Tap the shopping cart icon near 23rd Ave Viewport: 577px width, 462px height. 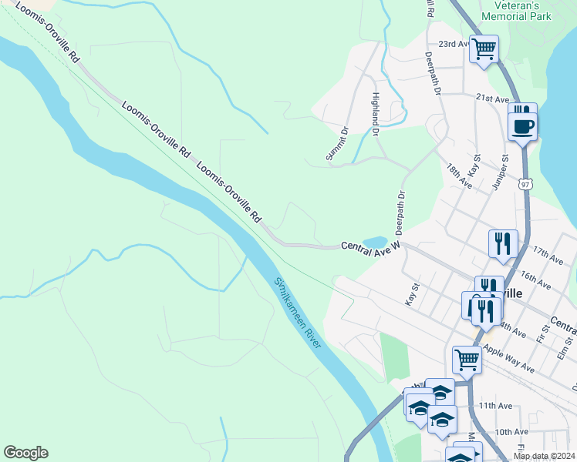(484, 49)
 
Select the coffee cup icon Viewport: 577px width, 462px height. (523, 126)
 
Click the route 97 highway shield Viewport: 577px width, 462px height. (525, 185)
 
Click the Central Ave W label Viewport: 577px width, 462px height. (370, 247)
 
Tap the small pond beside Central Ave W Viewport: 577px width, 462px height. (375, 242)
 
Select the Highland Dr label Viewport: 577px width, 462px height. (376, 115)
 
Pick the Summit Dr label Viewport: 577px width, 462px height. (338, 146)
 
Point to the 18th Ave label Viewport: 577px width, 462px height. (460, 176)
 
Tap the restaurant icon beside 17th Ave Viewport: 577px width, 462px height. (503, 244)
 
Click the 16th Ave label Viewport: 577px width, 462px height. (535, 280)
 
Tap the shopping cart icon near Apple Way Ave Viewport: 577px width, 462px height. (467, 359)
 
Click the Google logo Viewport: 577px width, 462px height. (25, 453)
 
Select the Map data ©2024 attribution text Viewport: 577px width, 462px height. (543, 456)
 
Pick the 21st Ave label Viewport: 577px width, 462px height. (492, 99)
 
